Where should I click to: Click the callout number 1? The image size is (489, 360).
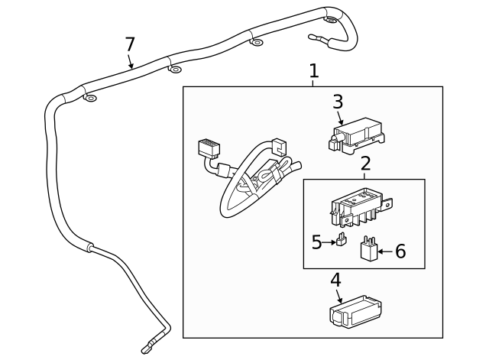pos(313,71)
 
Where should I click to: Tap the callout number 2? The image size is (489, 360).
pos(365,163)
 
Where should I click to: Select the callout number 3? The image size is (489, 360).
pos(338,102)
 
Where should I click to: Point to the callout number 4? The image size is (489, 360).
pos(335,281)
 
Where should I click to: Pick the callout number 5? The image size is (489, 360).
pos(317,242)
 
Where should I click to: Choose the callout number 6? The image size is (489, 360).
pos(400,251)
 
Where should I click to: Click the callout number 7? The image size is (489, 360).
pos(130,44)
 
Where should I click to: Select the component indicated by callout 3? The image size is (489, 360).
pos(356,134)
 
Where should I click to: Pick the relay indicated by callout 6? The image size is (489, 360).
pos(369,249)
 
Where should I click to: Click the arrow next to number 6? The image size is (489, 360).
pos(385,251)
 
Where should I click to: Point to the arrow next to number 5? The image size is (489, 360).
pos(329,242)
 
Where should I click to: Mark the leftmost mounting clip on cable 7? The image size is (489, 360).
pos(90,99)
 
